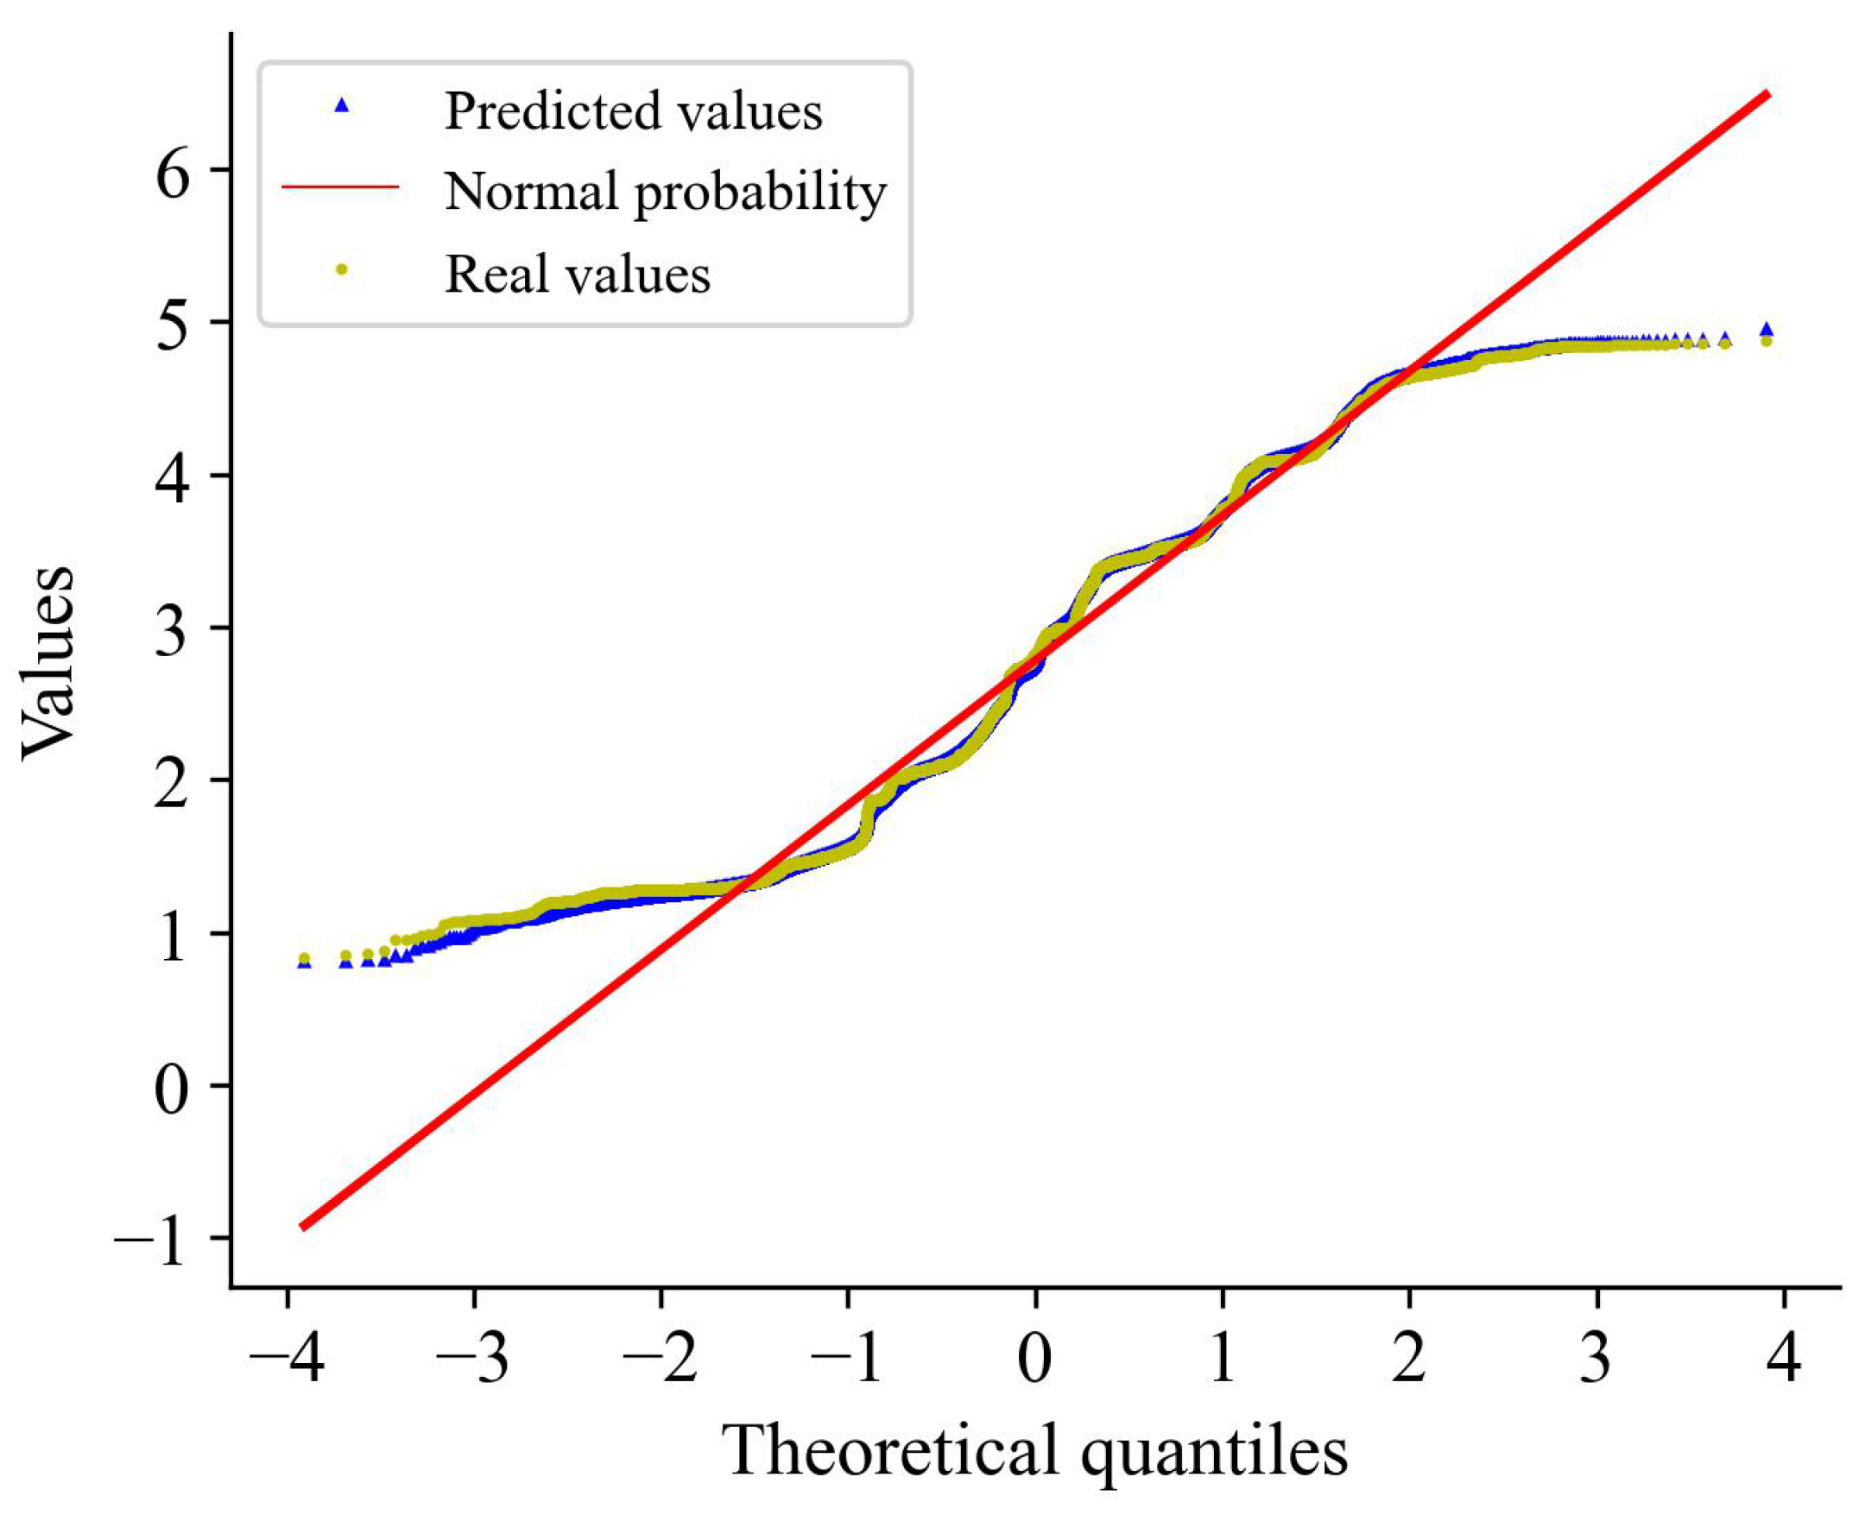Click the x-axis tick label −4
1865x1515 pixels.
(287, 1358)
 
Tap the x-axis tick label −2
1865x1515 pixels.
(661, 1358)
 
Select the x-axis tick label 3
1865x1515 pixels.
(1596, 1358)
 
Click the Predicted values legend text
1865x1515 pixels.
(633, 111)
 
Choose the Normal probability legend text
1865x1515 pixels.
(665, 190)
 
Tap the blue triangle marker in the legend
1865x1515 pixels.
(342, 105)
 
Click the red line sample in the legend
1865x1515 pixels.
(340, 186)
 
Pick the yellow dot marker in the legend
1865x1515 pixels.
(342, 269)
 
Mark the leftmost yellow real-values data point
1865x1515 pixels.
(304, 958)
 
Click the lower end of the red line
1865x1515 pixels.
(301, 1228)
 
